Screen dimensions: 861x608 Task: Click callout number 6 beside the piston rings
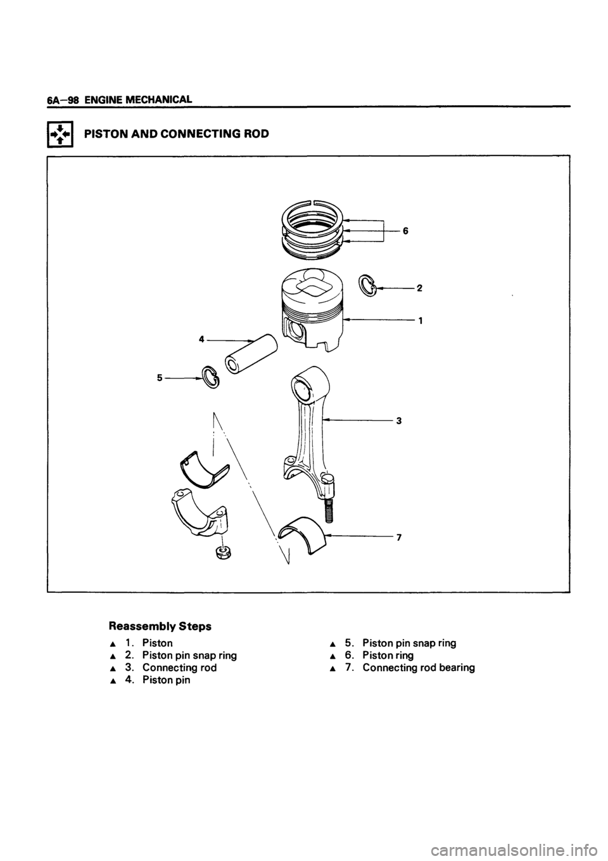tap(405, 231)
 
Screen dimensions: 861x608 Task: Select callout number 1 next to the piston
tap(419, 320)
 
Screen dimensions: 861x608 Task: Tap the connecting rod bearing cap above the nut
tap(198, 510)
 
